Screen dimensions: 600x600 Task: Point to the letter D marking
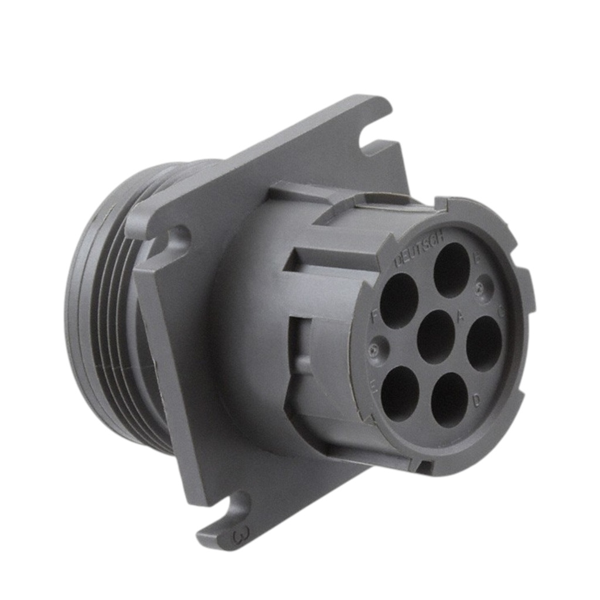476,401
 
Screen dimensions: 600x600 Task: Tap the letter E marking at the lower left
373,386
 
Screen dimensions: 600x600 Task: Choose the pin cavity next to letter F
398,300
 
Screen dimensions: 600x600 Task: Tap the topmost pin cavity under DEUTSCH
452,270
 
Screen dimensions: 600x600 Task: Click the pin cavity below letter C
484,343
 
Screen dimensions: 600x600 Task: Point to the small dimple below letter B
482,287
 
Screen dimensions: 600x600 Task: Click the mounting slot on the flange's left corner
174,240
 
